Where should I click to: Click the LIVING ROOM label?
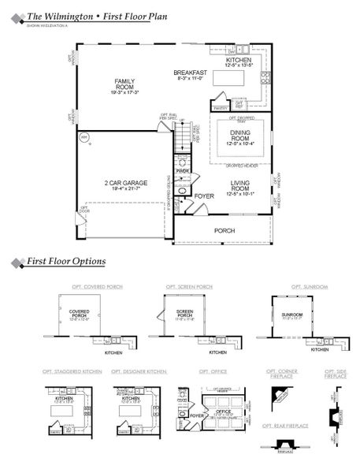(x=240, y=185)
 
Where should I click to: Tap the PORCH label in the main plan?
(x=225, y=231)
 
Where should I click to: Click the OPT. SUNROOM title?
(x=308, y=286)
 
